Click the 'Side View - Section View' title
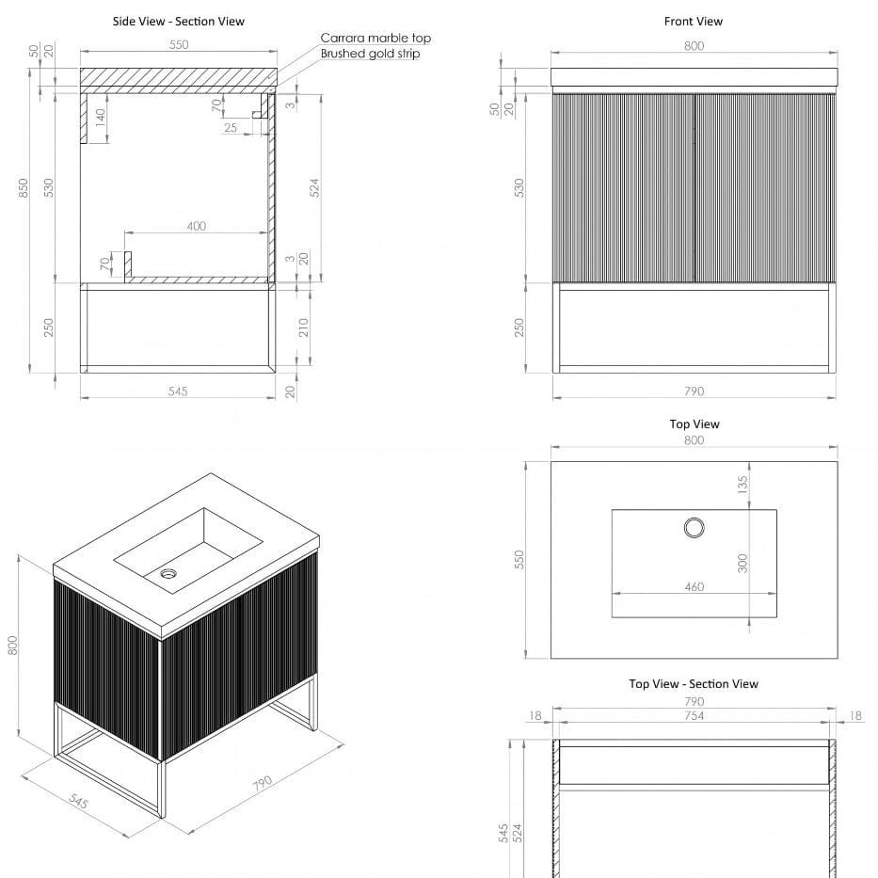coord(178,22)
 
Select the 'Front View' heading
coord(693,22)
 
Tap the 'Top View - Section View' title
coord(693,684)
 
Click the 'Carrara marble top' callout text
coord(375,39)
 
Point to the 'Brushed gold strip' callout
coord(370,54)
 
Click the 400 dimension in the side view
coord(196,226)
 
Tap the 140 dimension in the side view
coord(101,120)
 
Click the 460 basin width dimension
coord(694,587)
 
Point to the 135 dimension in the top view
coord(742,485)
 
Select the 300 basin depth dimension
coord(742,563)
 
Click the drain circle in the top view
coord(694,527)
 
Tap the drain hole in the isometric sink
coord(169,572)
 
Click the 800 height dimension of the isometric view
coord(13,645)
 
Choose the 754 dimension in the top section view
coord(694,716)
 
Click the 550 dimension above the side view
coord(179,44)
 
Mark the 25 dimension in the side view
coord(231,128)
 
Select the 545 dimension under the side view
coord(177,391)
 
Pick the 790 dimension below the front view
coord(694,391)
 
